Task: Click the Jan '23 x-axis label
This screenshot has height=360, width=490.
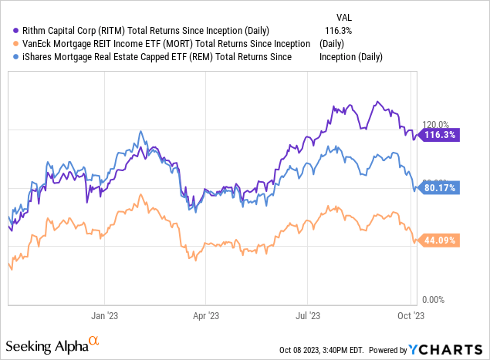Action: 104,315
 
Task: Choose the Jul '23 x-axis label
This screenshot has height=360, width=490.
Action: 308,315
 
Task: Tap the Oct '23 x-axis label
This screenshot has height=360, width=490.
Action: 411,315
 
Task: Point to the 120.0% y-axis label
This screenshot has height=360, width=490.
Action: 434,123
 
